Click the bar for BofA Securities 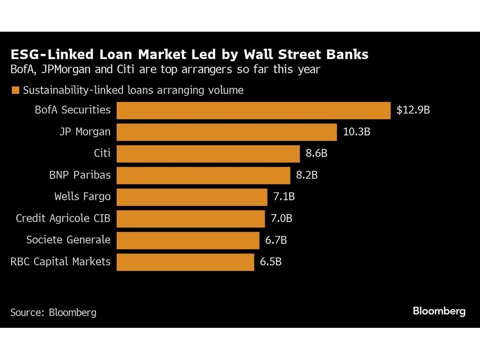253,110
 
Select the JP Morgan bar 227,132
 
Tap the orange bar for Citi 208,153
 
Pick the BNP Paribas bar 204,175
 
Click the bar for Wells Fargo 192,197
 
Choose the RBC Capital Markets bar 185,262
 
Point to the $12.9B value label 413,110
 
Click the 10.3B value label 357,132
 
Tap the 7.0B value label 281,218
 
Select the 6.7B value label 276,240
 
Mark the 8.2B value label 307,175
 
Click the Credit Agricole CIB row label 63,218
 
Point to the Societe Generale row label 68,240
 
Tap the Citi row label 102,153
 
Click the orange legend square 15,90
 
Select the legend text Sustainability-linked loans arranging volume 133,90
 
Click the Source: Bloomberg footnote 53,312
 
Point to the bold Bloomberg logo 439,311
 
